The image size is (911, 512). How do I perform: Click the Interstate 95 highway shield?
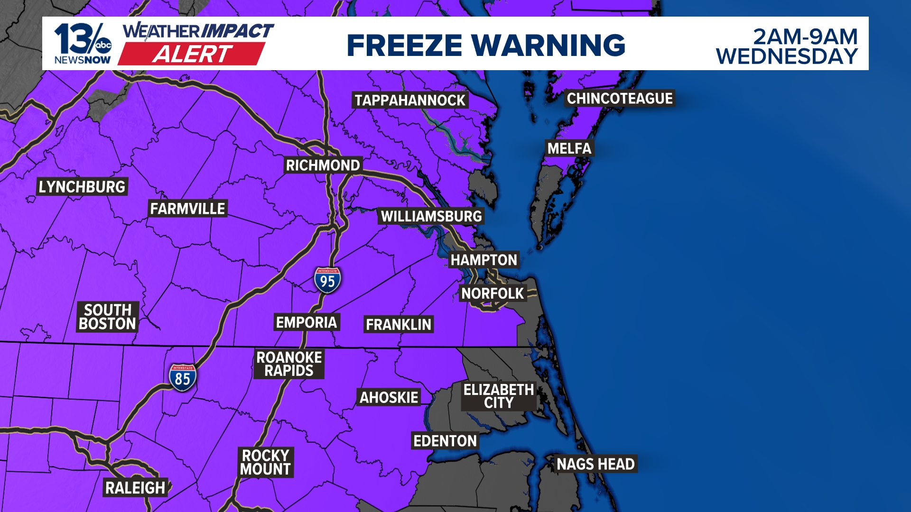[327, 280]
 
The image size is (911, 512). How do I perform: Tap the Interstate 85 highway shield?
[183, 378]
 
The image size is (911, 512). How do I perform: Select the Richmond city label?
[323, 165]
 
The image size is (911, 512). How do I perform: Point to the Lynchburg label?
[82, 187]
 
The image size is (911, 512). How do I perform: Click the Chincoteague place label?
[620, 99]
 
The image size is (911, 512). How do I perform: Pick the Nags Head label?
[595, 464]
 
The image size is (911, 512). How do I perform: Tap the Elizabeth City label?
[499, 396]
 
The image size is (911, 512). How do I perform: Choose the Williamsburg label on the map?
[431, 217]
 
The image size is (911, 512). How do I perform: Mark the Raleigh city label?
[135, 488]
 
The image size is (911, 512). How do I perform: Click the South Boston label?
[108, 317]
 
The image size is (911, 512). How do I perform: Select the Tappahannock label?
[410, 101]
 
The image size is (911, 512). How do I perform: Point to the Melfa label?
[569, 148]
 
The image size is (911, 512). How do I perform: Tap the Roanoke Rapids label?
[289, 364]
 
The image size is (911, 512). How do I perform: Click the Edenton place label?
[445, 441]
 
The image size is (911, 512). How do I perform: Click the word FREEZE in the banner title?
[404, 46]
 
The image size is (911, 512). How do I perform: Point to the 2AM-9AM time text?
[805, 37]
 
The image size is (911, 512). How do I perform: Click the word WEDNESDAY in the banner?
[787, 57]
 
